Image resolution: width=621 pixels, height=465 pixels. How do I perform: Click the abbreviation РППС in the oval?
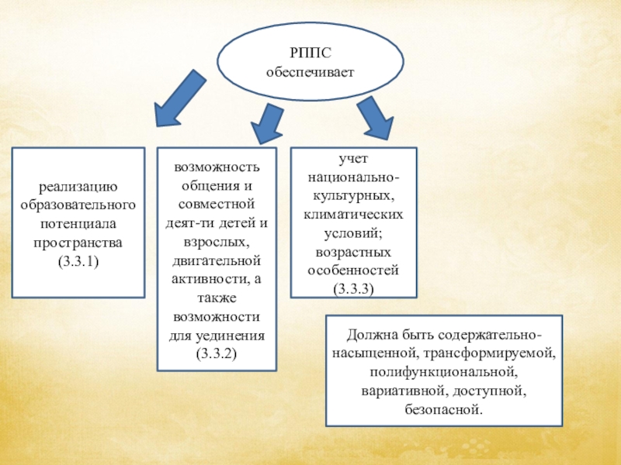coord(310,53)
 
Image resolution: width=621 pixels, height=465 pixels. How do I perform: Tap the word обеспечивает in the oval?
coord(310,72)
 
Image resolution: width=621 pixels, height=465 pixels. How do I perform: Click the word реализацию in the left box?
coord(78,186)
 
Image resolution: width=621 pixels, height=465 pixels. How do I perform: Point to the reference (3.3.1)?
coord(78,263)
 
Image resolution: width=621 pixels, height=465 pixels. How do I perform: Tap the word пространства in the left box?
coord(78,243)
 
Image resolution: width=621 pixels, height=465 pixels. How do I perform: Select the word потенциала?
coord(78,224)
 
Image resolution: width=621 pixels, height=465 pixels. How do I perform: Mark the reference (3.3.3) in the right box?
coord(353,289)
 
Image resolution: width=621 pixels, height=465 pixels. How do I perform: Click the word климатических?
coord(353,214)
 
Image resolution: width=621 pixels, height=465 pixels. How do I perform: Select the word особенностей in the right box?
coord(353,270)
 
